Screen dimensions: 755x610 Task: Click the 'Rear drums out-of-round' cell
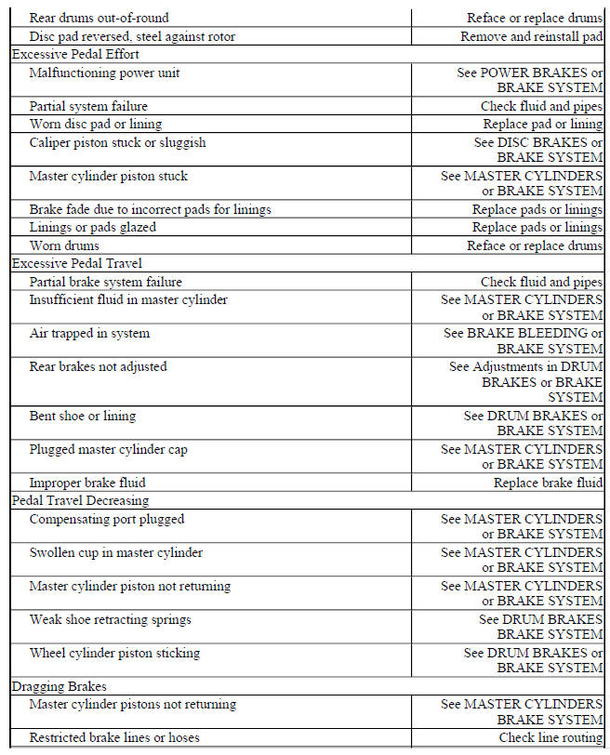(x=99, y=18)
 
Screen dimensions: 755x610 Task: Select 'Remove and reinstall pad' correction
(x=531, y=37)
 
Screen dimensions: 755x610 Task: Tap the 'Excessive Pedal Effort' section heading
(x=77, y=55)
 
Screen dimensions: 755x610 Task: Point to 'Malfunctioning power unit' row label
(x=105, y=73)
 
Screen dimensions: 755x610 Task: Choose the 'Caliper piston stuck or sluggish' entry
(x=117, y=143)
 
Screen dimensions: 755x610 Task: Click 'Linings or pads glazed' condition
(x=92, y=228)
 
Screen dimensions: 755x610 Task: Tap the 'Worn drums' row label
(x=64, y=246)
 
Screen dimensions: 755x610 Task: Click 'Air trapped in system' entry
(x=89, y=334)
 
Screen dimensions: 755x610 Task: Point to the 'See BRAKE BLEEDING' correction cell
(x=523, y=334)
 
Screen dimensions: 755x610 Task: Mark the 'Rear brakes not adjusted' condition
(x=98, y=367)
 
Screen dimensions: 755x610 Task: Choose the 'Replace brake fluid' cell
(x=548, y=483)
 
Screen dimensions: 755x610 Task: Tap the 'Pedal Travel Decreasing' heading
(x=80, y=501)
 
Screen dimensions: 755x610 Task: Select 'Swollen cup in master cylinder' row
(x=115, y=553)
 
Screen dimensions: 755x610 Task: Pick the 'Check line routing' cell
(x=550, y=738)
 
